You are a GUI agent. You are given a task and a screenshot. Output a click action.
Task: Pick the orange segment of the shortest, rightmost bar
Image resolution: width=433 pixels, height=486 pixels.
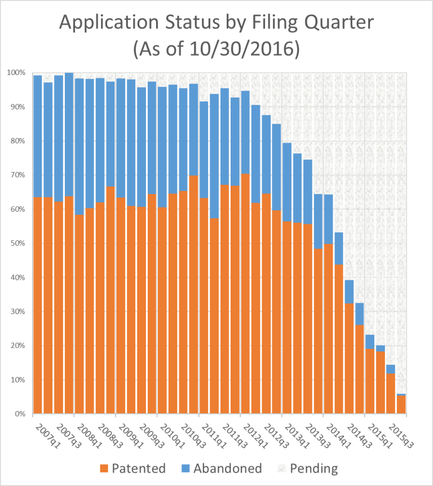tap(400, 404)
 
